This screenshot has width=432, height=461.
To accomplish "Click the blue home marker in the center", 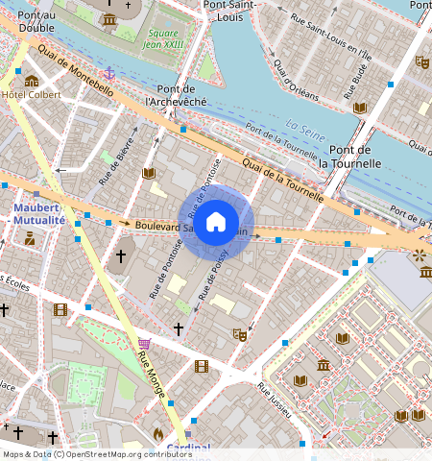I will [216, 222].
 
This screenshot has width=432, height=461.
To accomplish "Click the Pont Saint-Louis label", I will [228, 11].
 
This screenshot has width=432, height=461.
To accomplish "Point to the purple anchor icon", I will [109, 73].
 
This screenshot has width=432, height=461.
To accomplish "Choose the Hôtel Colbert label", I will [32, 95].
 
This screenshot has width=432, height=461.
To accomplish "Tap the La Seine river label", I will [304, 124].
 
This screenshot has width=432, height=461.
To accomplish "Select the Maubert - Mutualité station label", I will [39, 213].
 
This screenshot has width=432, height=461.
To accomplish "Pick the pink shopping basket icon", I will [145, 344].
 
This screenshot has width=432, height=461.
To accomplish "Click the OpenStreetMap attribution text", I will [96, 454].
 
